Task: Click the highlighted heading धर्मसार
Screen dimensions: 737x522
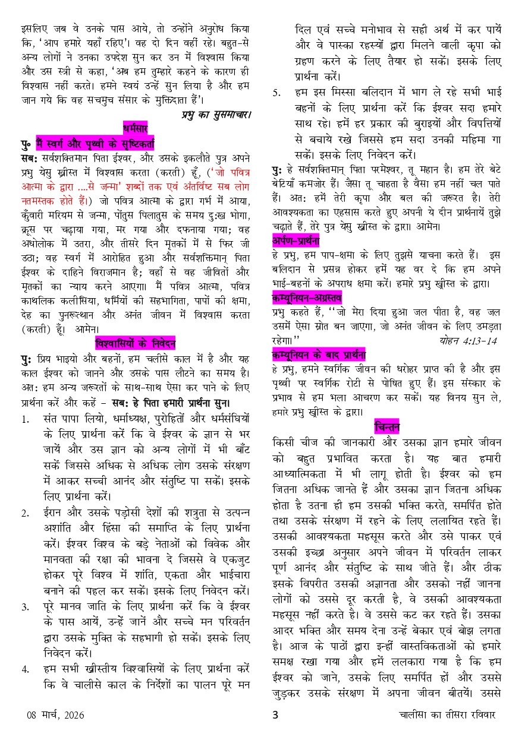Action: (134, 126)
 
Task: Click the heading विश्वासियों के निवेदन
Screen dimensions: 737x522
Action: (135, 343)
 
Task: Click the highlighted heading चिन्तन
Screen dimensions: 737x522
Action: (387, 426)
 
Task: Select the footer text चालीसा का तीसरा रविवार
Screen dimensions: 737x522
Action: (446, 715)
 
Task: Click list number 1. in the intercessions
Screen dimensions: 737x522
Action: (25, 419)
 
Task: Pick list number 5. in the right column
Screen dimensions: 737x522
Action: (276, 93)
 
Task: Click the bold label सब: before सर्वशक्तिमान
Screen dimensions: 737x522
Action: (29, 157)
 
